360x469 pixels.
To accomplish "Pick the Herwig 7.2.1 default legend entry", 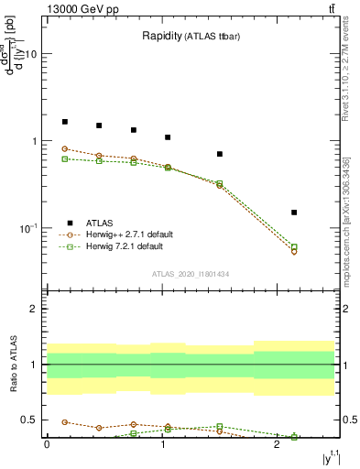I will [125, 246].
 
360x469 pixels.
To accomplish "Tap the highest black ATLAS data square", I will [65, 122].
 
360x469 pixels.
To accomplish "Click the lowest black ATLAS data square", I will [294, 213].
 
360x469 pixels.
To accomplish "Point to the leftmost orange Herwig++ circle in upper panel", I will [65, 148].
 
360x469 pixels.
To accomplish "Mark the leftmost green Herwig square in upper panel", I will [65, 158].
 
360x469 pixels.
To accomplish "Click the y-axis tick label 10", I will [30, 54].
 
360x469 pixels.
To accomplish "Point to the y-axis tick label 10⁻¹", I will [27, 227].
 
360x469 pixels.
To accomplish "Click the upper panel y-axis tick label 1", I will [33, 141].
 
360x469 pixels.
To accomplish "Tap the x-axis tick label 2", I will [277, 444].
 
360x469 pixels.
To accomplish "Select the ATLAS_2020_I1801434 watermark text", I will [190, 274].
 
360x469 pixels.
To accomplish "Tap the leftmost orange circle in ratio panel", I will [65, 422].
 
